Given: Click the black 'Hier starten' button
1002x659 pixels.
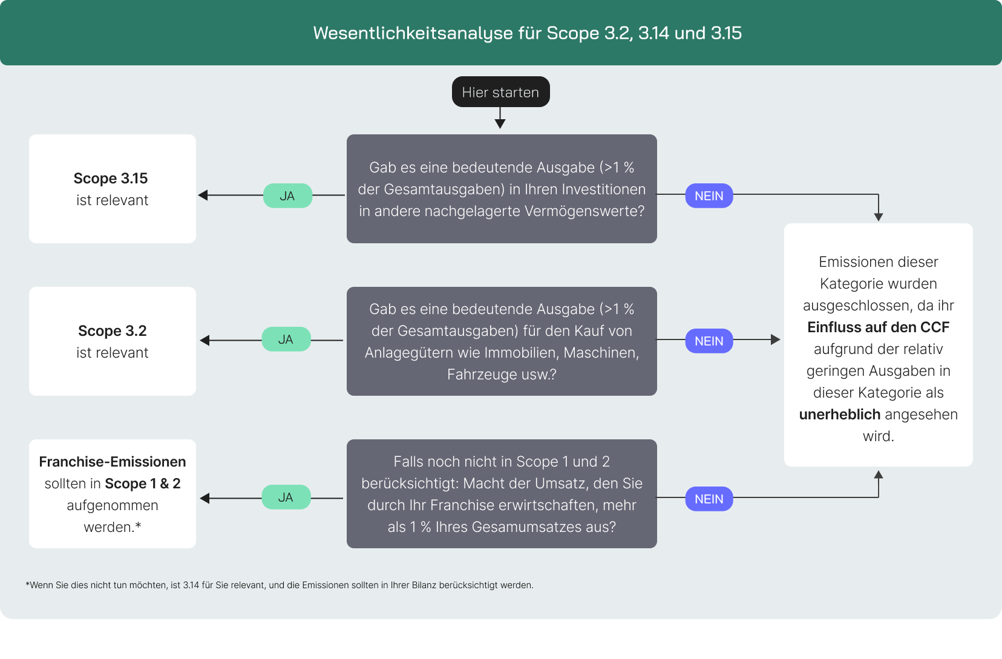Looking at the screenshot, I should click(500, 92).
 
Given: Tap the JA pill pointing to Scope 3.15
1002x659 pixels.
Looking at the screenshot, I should click(287, 196).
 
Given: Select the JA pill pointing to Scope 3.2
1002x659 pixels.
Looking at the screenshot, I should click(286, 339).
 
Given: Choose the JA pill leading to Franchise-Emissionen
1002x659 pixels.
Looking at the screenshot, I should click(286, 497).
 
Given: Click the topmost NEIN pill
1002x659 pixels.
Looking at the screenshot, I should click(709, 196).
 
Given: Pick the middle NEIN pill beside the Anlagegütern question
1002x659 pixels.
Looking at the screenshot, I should click(709, 341).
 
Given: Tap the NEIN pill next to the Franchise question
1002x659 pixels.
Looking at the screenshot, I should click(709, 499).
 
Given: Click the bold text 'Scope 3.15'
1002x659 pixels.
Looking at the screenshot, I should click(111, 179).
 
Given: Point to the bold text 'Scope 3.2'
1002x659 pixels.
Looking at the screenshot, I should click(113, 331).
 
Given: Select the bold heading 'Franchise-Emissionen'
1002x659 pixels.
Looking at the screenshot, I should click(113, 462).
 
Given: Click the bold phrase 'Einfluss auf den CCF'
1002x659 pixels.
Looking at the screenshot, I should click(878, 327).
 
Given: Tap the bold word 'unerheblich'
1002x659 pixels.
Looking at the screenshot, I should click(839, 415).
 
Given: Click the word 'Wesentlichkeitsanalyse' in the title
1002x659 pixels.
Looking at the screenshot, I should click(413, 33).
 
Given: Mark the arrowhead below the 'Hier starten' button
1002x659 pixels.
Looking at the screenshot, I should click(500, 123).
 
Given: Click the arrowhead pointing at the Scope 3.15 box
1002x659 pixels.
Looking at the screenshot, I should click(203, 195).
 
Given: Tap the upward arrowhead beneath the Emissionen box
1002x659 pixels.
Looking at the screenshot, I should click(879, 475).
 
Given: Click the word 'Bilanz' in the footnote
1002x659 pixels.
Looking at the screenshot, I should click(424, 585).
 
